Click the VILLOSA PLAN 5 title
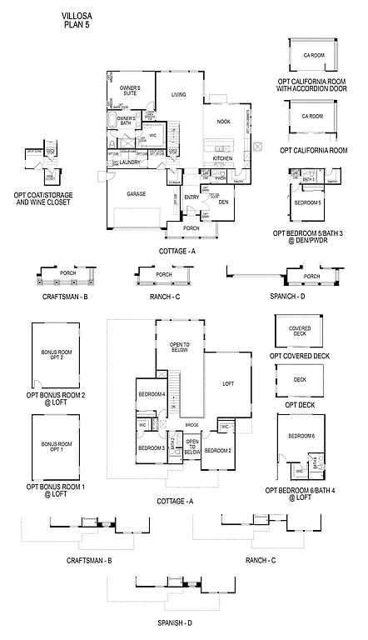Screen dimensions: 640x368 (x=77, y=20)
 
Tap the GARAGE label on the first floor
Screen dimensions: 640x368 (x=137, y=192)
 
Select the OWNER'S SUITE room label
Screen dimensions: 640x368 (x=129, y=90)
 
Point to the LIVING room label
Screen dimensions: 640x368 (x=179, y=95)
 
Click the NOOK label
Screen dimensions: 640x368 (x=223, y=122)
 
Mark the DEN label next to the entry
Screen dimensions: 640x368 (x=223, y=202)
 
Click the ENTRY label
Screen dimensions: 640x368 (x=192, y=197)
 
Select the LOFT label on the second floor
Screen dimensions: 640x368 (x=227, y=384)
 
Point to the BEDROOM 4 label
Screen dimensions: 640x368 (x=152, y=393)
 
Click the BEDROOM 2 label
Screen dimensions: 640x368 (x=217, y=451)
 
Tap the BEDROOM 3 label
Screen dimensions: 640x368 (x=151, y=448)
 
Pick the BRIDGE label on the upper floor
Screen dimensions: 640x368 (x=192, y=425)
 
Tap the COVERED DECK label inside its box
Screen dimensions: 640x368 (x=300, y=332)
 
